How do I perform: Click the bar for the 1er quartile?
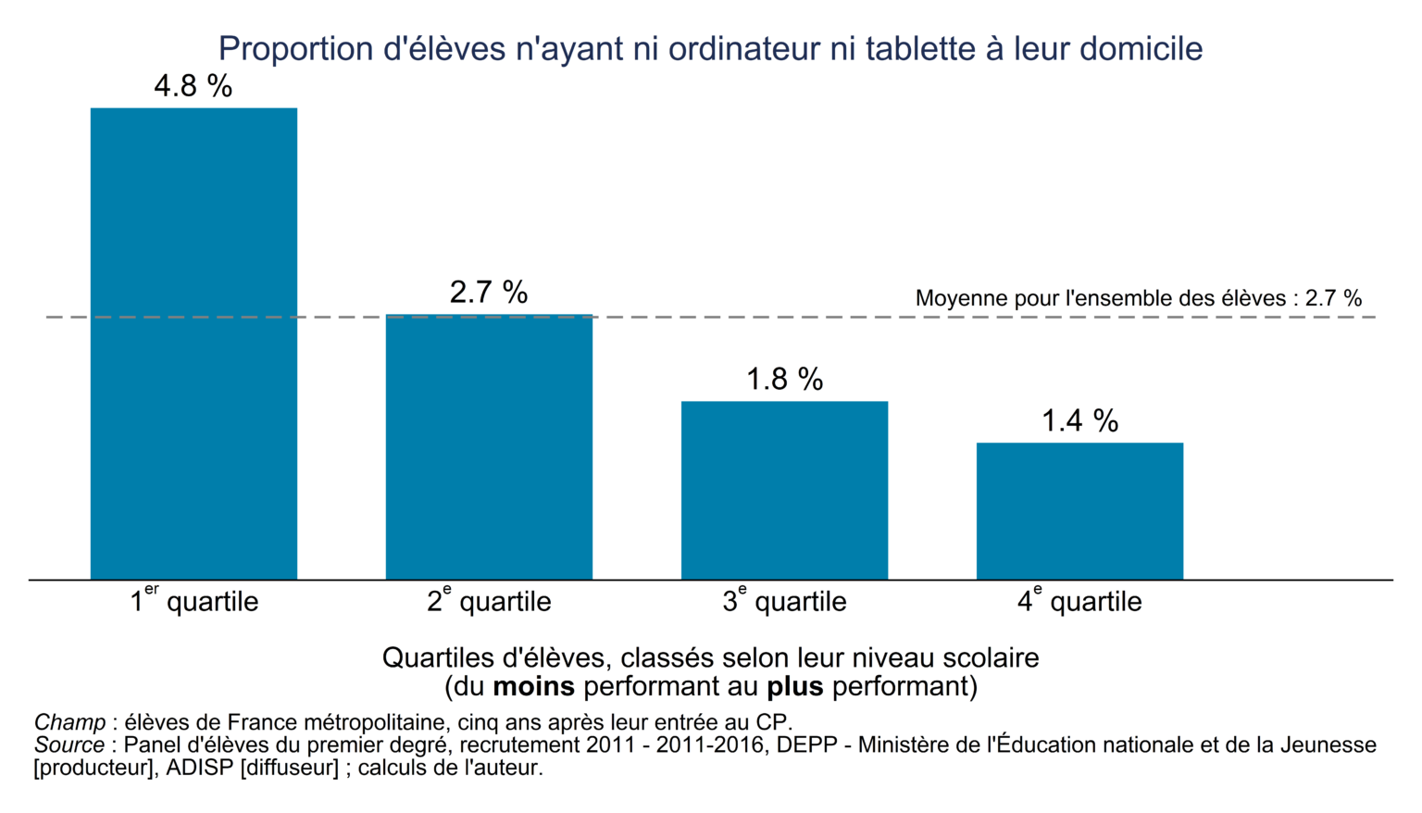tap(193, 344)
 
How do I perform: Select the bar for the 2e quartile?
tap(489, 447)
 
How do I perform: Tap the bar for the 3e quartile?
tap(784, 490)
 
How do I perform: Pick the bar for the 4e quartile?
tap(1079, 511)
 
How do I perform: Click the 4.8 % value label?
tap(193, 86)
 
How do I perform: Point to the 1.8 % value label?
tap(784, 380)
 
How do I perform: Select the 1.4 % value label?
tap(1079, 421)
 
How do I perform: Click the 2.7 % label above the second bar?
tap(489, 293)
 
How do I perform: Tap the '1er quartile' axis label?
tap(193, 601)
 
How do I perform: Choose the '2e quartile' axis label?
tap(489, 601)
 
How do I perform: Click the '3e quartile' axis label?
tap(784, 601)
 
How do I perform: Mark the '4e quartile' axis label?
tap(1079, 601)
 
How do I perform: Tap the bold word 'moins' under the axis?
tap(533, 687)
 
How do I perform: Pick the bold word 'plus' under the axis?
tap(794, 687)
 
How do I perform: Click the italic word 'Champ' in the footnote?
tap(69, 722)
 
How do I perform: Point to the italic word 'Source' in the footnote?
tap(69, 745)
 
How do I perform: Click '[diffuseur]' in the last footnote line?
tap(289, 768)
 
